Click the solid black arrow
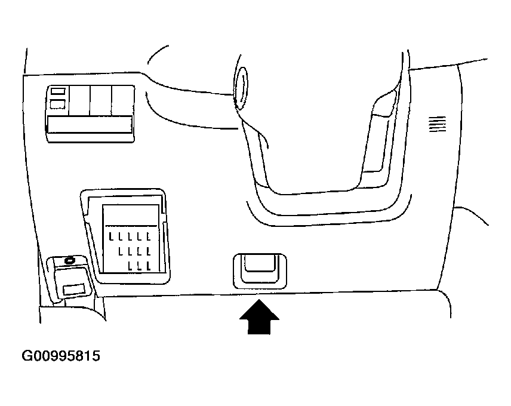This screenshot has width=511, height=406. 259,318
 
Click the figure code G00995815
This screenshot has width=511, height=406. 61,355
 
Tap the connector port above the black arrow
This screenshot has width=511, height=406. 260,271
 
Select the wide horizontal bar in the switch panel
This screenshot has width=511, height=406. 90,124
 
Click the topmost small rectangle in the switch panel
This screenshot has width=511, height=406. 58,91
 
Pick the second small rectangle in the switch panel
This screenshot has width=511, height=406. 58,104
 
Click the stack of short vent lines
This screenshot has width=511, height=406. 438,124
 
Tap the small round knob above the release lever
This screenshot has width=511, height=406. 70,260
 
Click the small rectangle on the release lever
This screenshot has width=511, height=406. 73,290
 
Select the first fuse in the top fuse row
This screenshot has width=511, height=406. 111,236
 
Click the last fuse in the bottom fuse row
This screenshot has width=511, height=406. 149,266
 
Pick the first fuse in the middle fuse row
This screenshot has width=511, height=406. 121,251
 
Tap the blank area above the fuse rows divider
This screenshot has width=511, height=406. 131,215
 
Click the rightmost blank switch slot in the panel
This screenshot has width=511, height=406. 122,101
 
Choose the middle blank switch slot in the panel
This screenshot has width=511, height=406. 101,101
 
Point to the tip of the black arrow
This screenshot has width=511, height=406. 259,300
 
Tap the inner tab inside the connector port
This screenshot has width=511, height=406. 260,263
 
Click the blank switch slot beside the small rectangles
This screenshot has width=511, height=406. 79,101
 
